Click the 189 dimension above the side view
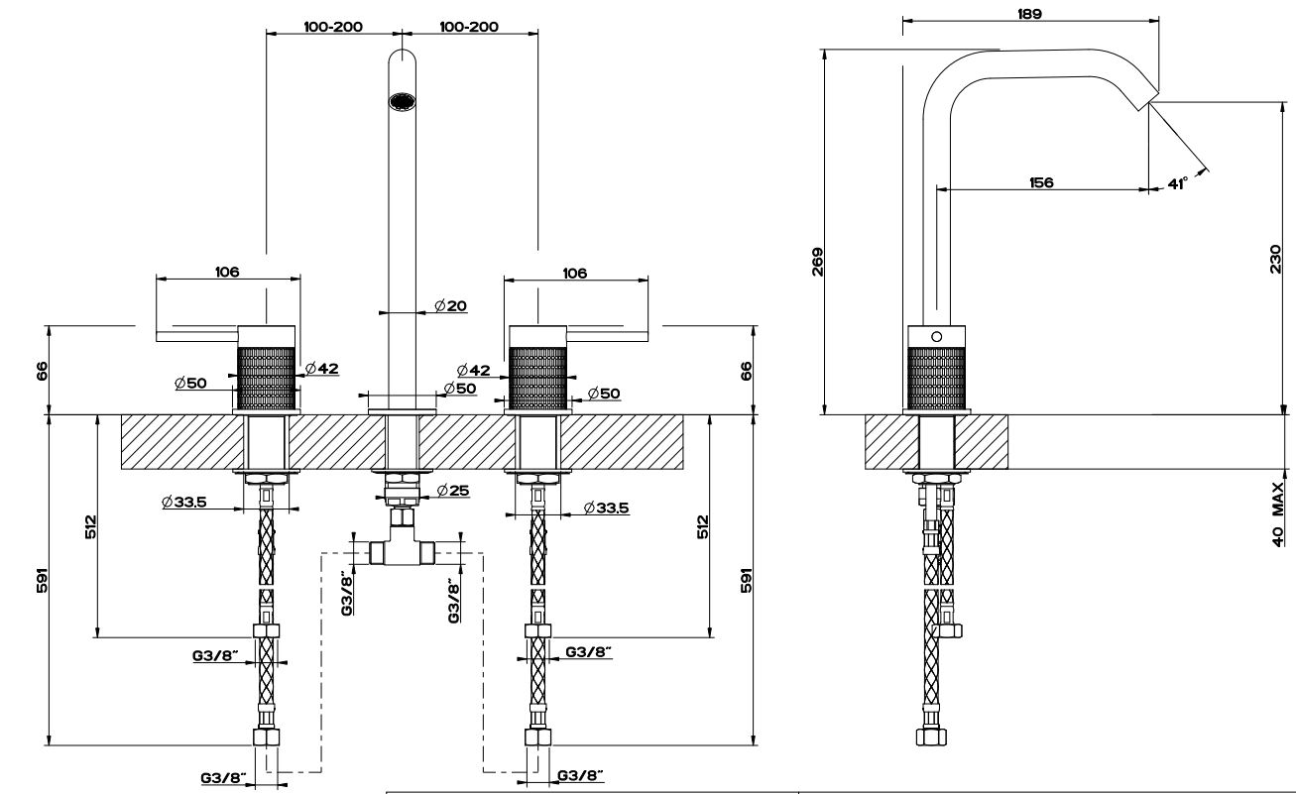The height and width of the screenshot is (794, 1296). point(1029,14)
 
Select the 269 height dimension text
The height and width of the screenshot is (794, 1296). point(818,261)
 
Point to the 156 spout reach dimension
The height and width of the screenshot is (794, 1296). point(1041,182)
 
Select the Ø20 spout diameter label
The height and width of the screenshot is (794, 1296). point(449,305)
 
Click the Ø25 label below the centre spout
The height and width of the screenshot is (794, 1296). point(455,490)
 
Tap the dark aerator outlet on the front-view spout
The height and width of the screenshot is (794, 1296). point(402,101)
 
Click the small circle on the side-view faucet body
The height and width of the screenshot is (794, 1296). point(934,337)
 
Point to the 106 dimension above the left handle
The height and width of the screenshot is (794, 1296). point(227,273)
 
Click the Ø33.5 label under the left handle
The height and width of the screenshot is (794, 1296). point(183,502)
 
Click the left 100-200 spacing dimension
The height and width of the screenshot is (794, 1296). point(332,27)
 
